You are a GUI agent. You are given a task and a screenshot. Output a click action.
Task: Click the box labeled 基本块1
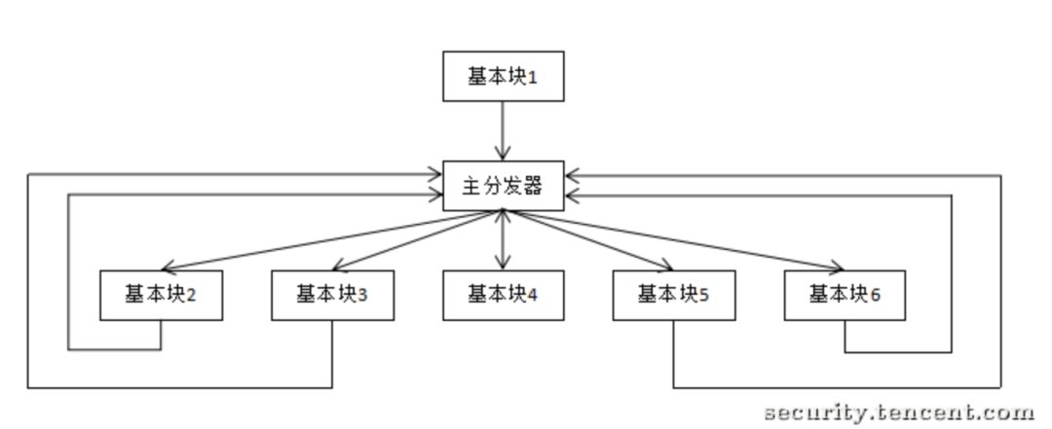point(504,77)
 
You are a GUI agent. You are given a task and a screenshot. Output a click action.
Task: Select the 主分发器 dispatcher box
point(504,186)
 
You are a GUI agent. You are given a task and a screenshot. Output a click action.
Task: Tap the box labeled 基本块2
point(161,295)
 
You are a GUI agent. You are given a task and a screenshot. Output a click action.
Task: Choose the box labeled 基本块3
point(332,295)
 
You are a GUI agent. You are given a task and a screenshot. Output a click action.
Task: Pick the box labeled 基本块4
point(504,295)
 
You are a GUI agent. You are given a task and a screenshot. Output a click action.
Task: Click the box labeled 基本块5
point(674,295)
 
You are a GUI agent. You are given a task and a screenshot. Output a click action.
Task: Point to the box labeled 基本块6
point(845,295)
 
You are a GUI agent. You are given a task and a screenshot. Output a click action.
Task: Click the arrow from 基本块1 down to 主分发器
point(504,130)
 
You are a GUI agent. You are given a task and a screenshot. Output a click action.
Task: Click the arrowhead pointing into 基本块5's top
point(666,268)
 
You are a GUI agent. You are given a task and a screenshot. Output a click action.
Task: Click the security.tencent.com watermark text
point(899,413)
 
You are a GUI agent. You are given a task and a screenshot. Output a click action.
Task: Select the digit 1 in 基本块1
point(532,78)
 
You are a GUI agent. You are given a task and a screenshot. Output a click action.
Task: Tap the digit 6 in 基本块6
point(876,295)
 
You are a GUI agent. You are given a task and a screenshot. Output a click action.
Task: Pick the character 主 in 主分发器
point(470,186)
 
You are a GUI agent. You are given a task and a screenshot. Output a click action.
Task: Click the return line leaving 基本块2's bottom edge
point(160,335)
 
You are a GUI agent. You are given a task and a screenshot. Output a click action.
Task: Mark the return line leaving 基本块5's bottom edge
point(674,354)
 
